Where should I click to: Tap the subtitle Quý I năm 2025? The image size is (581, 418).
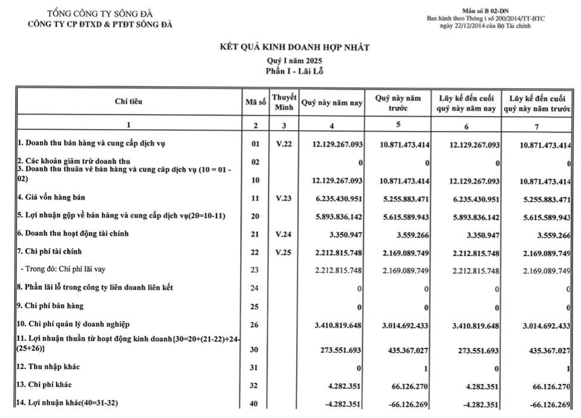294,61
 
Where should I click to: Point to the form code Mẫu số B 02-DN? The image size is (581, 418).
486,11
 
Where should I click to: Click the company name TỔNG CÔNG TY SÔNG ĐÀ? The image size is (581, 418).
100,14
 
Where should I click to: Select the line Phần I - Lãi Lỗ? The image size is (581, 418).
294,71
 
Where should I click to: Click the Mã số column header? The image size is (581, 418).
256,102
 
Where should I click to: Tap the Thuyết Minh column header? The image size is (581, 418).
284,102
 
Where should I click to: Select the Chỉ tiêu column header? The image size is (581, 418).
129,102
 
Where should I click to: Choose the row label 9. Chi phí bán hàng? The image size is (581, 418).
50,306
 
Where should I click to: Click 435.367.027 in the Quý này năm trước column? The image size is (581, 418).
404,350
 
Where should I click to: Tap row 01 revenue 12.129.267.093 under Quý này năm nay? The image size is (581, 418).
337,145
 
